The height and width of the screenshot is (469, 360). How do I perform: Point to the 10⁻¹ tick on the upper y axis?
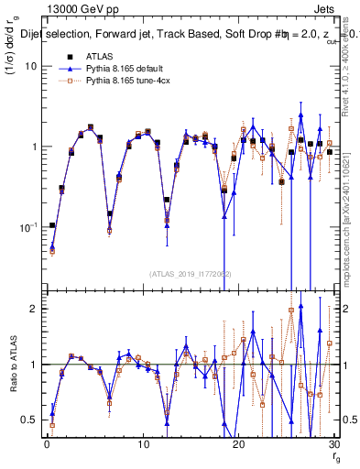click(x=28, y=227)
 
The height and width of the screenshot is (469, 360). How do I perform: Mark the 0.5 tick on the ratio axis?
click(x=30, y=420)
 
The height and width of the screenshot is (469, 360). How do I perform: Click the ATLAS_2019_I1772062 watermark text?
click(x=191, y=274)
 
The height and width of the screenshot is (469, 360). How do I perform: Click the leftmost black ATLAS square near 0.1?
click(x=52, y=225)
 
